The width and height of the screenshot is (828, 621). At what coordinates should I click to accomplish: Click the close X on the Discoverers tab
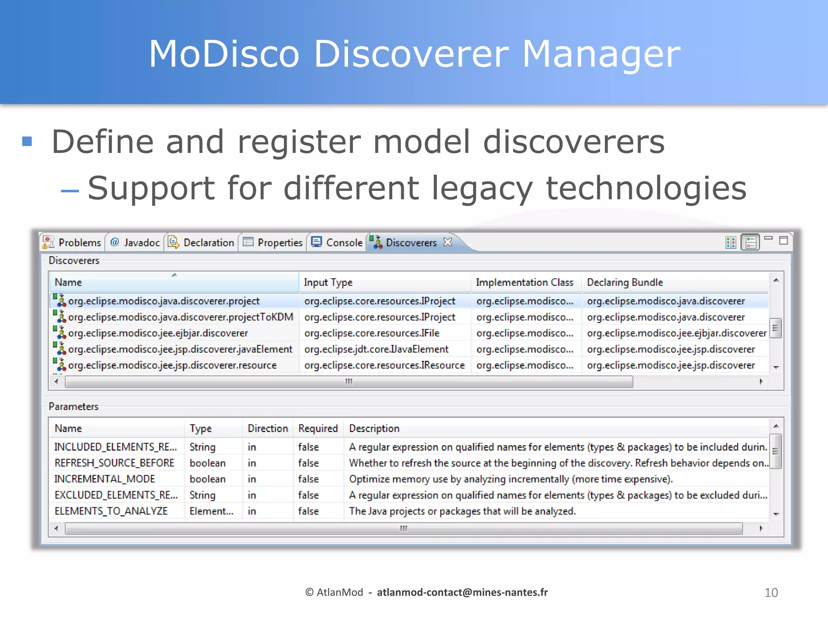(x=448, y=242)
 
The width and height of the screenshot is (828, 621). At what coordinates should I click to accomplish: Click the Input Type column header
(x=328, y=282)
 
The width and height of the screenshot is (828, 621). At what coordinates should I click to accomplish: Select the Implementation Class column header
(x=524, y=282)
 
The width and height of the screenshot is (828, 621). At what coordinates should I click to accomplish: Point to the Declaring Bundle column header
(x=625, y=282)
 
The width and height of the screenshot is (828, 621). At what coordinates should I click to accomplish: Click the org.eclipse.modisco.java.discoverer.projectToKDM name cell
(x=180, y=317)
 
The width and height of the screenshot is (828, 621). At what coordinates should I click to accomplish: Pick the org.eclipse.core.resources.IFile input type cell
(x=372, y=333)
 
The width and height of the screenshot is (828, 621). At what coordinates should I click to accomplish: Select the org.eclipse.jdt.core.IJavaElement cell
(x=376, y=349)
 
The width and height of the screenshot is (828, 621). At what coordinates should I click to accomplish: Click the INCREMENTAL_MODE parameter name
(x=105, y=479)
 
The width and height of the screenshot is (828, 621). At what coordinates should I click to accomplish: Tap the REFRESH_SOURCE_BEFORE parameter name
(x=114, y=463)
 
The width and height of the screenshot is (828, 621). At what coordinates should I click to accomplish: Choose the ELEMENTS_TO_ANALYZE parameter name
(x=111, y=511)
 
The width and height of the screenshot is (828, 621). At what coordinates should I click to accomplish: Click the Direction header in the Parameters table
(x=268, y=429)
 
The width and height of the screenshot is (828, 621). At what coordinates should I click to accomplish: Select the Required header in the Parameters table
(x=318, y=429)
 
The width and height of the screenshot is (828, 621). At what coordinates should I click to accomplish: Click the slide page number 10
(x=771, y=593)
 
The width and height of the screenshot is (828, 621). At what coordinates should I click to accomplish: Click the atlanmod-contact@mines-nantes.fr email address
(x=462, y=592)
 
